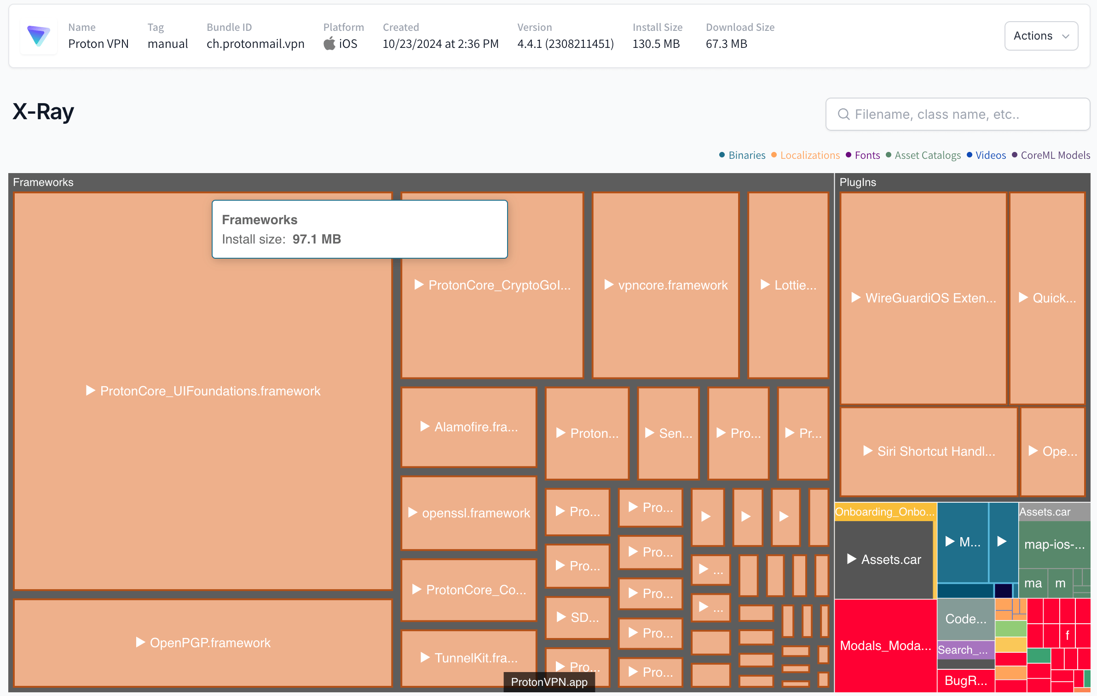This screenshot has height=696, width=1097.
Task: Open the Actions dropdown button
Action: pyautogui.click(x=1041, y=36)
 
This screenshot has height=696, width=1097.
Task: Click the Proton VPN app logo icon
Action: pyautogui.click(x=39, y=36)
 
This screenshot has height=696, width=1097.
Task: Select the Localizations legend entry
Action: pyautogui.click(x=809, y=155)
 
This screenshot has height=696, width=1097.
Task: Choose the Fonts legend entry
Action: pyautogui.click(x=867, y=155)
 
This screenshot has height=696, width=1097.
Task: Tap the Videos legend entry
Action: pyautogui.click(x=990, y=155)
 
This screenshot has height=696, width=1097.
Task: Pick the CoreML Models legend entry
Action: pyautogui.click(x=1055, y=155)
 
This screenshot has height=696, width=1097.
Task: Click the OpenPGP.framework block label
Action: pyautogui.click(x=210, y=643)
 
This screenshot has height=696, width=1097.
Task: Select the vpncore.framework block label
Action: pyautogui.click(x=672, y=285)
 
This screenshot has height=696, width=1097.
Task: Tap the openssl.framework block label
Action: pyautogui.click(x=476, y=513)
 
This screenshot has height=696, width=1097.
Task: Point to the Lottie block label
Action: pyautogui.click(x=795, y=285)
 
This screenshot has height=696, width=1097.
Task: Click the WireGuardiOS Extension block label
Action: pyautogui.click(x=930, y=298)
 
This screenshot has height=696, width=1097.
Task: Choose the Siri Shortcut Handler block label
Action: pyautogui.click(x=936, y=451)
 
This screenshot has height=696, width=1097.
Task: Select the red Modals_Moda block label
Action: pyautogui.click(x=885, y=645)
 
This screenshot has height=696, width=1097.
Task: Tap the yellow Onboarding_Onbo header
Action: pyautogui.click(x=884, y=512)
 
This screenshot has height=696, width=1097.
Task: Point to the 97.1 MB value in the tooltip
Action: pyautogui.click(x=317, y=239)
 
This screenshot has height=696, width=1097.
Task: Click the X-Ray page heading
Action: pyautogui.click(x=43, y=112)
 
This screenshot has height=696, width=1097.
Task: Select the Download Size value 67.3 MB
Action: pyautogui.click(x=726, y=44)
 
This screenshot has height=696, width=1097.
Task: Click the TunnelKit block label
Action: pyautogui.click(x=476, y=658)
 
